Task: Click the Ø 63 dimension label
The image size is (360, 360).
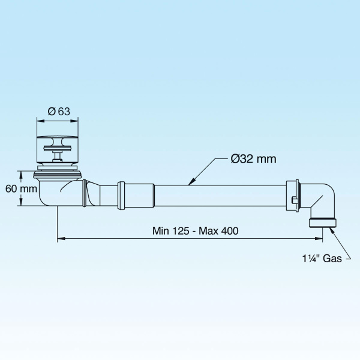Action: [58, 110]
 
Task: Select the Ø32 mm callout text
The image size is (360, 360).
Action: [254, 159]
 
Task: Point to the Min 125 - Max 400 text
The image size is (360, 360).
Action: [191, 231]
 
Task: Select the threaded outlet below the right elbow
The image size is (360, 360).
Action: [323, 223]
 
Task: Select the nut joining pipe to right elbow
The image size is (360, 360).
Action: [294, 196]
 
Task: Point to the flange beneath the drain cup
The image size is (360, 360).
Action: [58, 174]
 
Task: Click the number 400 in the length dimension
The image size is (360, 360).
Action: [223, 231]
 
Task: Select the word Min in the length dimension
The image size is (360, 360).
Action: [160, 231]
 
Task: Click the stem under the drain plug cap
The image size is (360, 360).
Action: [58, 157]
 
